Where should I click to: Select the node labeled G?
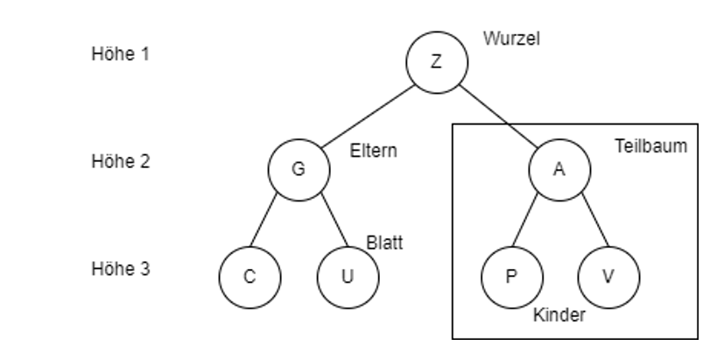[x=298, y=170]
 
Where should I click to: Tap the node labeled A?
[x=559, y=170]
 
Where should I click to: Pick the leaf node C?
[x=250, y=277]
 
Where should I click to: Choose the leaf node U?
[x=348, y=277]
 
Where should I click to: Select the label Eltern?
[x=374, y=151]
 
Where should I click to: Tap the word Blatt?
[x=384, y=244]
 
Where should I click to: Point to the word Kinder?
[x=559, y=315]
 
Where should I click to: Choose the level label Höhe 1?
[x=120, y=53]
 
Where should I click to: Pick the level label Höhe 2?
[x=120, y=162]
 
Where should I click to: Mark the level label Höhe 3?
[x=120, y=269]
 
